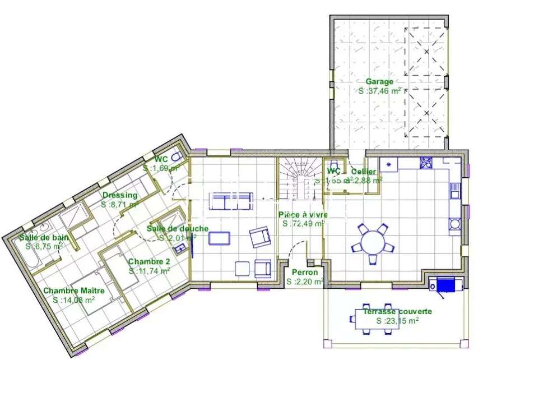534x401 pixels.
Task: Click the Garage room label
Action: pos(379,81)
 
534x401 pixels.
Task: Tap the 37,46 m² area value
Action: pos(380,90)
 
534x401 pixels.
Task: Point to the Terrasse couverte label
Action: pos(397,312)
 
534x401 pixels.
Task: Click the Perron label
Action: pos(305,273)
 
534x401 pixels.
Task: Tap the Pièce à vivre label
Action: pos(303,215)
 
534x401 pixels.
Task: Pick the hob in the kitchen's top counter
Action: pos(426,163)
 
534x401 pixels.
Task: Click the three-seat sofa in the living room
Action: pos(230,201)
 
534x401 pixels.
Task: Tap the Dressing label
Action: pos(119,195)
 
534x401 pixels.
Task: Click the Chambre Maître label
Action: pos(73,291)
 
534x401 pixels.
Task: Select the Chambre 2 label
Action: pos(149,261)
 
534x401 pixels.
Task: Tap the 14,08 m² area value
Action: pos(73,299)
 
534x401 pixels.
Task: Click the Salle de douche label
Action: pos(178,228)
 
